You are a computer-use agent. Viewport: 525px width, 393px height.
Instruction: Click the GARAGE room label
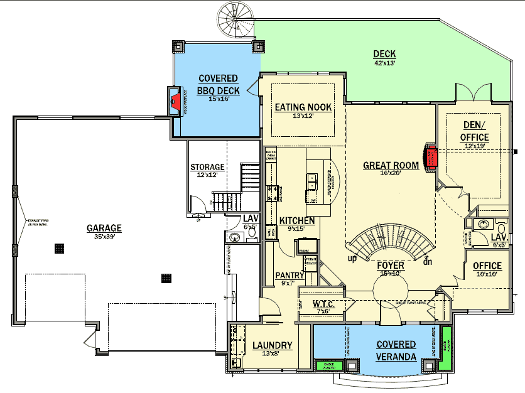click(x=104, y=228)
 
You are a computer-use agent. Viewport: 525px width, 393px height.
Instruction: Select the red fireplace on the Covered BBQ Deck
click(x=176, y=101)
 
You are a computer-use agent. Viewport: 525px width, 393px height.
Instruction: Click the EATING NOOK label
click(x=303, y=107)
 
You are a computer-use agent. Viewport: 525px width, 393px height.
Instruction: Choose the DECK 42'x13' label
click(x=384, y=54)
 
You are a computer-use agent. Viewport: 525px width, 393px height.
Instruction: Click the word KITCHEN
click(x=297, y=221)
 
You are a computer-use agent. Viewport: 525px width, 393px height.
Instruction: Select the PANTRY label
click(x=290, y=275)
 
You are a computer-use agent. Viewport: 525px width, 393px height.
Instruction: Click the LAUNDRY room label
click(x=272, y=345)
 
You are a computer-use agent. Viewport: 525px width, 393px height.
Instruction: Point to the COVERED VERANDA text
click(x=396, y=350)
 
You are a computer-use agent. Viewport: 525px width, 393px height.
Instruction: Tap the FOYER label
click(x=391, y=266)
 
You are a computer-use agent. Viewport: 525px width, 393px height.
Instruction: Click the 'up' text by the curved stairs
click(x=352, y=258)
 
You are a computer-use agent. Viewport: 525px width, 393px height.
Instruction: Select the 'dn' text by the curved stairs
click(x=428, y=262)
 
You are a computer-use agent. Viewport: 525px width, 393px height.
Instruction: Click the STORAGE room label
click(x=207, y=168)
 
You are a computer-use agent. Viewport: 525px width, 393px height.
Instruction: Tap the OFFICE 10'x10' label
click(x=487, y=266)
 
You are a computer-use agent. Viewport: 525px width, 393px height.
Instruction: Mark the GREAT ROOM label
click(x=391, y=166)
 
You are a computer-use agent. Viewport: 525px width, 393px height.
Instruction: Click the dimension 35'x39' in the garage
click(x=104, y=237)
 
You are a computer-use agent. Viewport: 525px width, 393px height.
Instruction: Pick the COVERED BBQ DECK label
click(x=218, y=83)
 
